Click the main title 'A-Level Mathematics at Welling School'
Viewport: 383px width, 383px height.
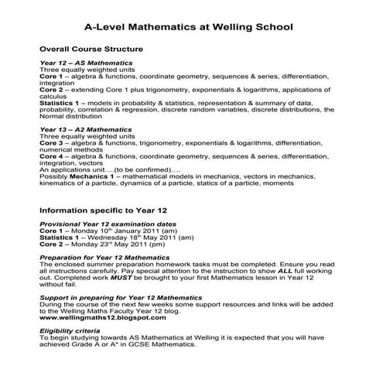click(x=189, y=26)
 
